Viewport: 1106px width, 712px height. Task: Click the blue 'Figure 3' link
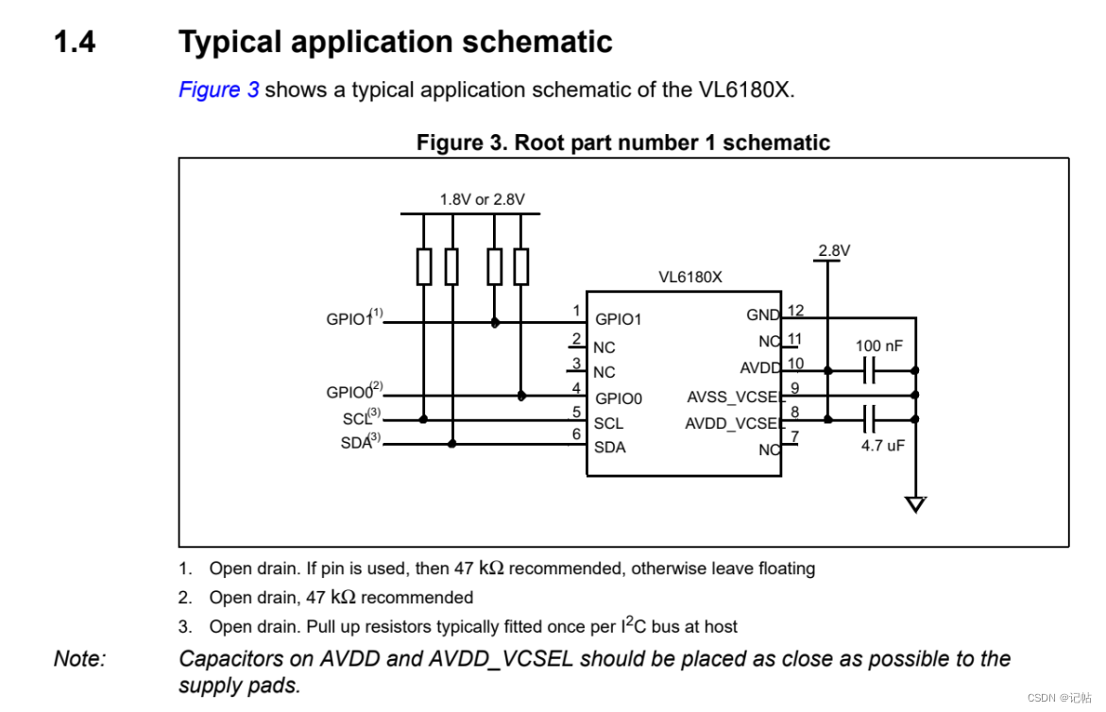218,91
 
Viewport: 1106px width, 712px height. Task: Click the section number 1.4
75,42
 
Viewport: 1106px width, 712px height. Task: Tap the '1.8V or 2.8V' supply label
482,199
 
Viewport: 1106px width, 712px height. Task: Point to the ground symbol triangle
914,504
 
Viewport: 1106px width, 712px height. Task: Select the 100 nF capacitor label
878,346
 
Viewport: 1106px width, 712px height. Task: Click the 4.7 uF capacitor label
882,445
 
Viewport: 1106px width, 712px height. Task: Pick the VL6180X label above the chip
689,278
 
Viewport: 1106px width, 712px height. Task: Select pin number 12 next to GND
795,311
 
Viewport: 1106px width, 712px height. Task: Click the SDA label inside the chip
609,448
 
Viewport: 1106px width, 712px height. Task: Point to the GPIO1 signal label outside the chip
349,319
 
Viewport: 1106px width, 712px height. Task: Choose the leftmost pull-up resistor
424,266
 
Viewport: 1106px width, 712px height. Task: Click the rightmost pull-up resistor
521,266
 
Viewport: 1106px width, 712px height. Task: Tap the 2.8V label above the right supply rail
834,250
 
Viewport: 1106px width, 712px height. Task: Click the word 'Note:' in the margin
79,659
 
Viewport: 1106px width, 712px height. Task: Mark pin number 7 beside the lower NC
794,437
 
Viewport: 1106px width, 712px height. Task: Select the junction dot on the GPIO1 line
495,322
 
